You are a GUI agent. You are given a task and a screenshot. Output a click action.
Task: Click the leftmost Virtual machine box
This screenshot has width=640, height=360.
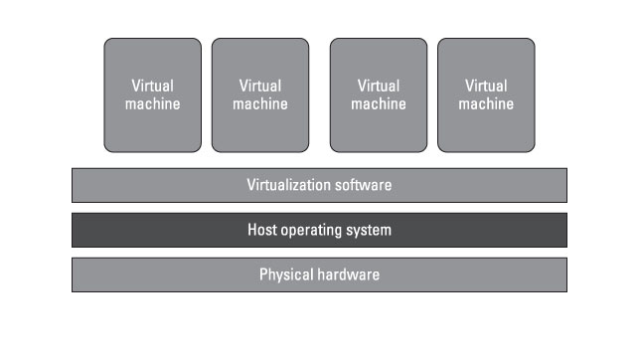(152, 94)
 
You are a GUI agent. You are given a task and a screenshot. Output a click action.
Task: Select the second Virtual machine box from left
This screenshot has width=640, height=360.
(260, 94)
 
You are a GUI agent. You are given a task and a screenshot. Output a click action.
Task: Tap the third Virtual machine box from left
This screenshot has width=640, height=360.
(379, 94)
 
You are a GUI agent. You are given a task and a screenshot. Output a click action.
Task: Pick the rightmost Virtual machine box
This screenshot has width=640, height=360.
(486, 94)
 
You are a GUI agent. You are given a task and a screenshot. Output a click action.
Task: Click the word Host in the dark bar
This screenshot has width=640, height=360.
(262, 230)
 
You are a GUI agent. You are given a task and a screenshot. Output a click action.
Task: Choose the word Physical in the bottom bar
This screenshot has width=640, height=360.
(285, 274)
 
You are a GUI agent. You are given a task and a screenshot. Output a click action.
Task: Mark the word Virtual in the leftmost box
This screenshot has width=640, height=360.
(152, 86)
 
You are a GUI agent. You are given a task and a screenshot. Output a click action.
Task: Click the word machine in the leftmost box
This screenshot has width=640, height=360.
(152, 103)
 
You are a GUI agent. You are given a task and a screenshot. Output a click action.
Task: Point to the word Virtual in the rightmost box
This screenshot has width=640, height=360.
(486, 86)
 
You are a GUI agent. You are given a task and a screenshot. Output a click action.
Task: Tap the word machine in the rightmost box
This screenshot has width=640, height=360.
(486, 103)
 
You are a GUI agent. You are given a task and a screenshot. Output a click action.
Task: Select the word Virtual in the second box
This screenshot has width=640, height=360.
(260, 86)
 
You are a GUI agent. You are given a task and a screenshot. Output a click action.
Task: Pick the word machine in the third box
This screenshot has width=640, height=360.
(379, 103)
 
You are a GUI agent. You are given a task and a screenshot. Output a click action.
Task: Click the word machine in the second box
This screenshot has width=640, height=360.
(260, 103)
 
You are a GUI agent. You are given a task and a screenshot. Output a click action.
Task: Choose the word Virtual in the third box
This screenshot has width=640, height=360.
(379, 86)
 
